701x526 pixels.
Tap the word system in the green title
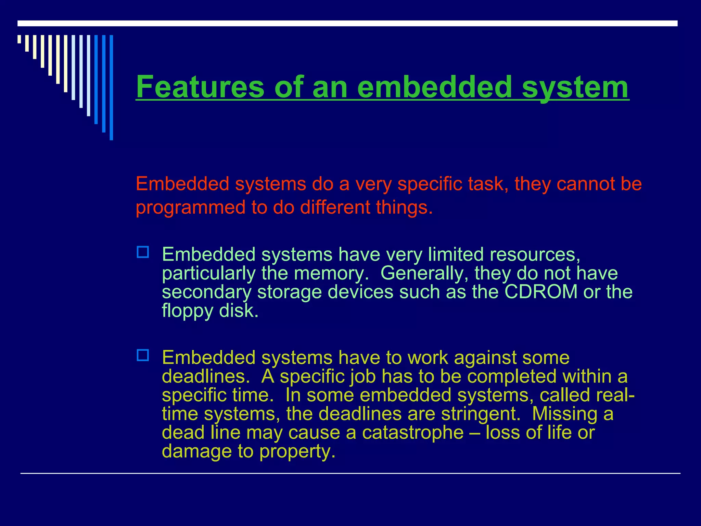point(575,88)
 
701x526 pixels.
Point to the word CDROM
point(541,292)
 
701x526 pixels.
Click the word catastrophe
point(412,432)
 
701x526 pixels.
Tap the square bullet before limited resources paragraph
point(143,252)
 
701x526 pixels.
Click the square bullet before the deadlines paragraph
point(143,355)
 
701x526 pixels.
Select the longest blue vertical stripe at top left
point(111,87)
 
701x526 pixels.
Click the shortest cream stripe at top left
point(19,39)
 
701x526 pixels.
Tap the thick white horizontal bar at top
point(347,23)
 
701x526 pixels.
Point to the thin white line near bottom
point(350,474)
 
